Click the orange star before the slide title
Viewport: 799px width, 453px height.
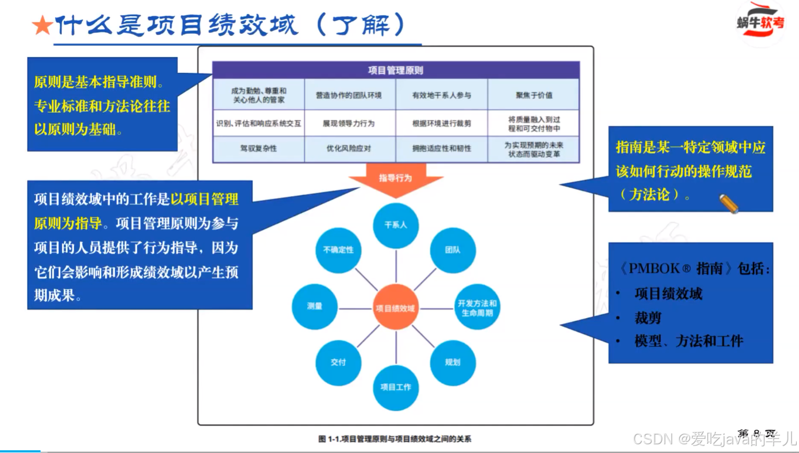(41, 25)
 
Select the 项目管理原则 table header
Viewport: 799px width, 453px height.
(395, 70)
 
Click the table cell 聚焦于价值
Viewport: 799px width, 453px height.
(534, 95)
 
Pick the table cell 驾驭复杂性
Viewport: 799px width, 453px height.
(258, 148)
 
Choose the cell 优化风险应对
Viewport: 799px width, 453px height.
(349, 148)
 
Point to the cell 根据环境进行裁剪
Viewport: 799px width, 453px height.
(441, 124)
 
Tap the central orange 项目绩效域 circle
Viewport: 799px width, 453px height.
(395, 308)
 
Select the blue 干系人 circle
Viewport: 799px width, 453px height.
(395, 225)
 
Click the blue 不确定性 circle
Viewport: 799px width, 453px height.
(338, 250)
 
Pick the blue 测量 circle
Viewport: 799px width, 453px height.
(315, 306)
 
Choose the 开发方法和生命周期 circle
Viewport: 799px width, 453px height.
(477, 308)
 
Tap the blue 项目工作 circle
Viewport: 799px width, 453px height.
(395, 387)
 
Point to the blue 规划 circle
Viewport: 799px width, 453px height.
(452, 362)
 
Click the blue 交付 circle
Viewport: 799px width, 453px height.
(338, 362)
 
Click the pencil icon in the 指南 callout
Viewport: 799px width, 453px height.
(729, 204)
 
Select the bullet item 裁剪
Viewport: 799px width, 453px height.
(648, 317)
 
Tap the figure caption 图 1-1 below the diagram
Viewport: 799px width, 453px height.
(395, 439)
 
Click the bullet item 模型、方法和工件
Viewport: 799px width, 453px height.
(688, 341)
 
